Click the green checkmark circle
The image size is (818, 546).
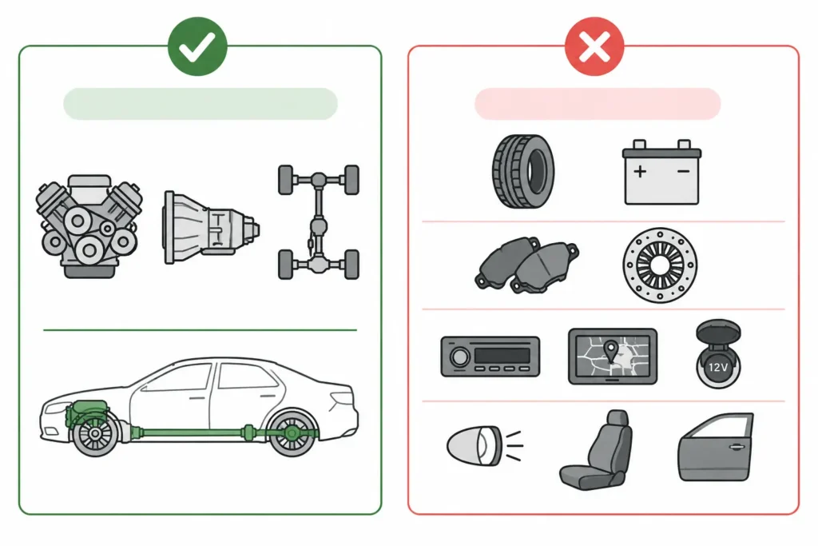[197, 46]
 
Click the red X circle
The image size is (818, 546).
[594, 46]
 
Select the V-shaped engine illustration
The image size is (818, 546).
[89, 225]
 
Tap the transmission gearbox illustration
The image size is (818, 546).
[211, 227]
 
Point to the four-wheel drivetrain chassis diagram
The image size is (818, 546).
[319, 222]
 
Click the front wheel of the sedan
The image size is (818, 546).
[96, 434]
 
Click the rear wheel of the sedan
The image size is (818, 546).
[292, 433]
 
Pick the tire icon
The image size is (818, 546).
[523, 171]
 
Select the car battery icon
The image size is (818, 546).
[661, 172]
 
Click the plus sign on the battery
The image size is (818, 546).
[640, 171]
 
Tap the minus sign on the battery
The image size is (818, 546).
[684, 171]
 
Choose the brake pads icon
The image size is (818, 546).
[526, 265]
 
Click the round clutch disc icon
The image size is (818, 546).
[660, 265]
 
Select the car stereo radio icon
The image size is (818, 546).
[490, 357]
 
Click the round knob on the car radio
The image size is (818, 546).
[460, 357]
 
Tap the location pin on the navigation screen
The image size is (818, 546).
[610, 349]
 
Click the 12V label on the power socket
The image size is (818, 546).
[718, 368]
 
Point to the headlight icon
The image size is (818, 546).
[485, 446]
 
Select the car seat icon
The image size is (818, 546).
[596, 450]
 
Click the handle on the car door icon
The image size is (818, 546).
[736, 448]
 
